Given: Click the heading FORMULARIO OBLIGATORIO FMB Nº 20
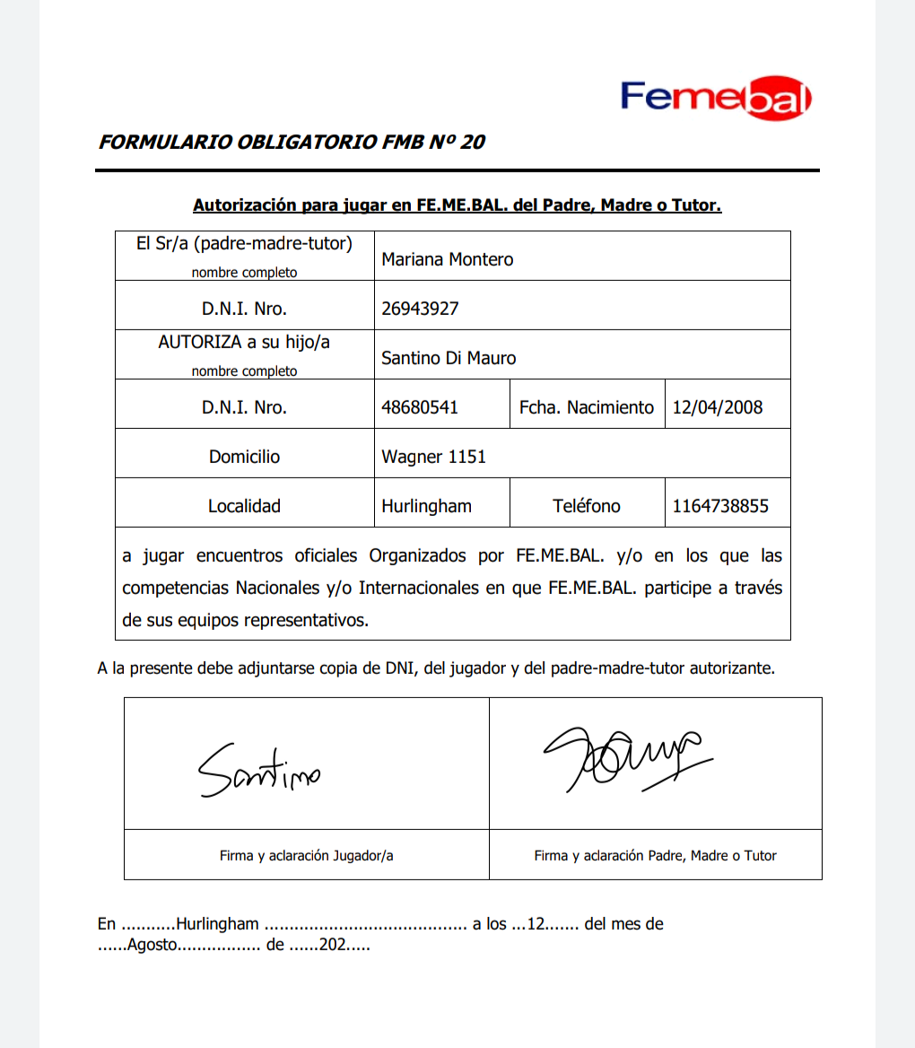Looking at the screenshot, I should coord(292,142).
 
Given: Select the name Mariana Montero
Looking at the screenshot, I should coord(448,259).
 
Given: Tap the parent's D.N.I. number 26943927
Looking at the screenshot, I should coord(420,309).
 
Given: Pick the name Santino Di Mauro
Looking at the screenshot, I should coord(449,358).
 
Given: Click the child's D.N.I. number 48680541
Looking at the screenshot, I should coord(420,407).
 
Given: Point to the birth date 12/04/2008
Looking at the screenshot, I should coord(718,407).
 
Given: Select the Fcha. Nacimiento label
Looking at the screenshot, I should coord(587,407).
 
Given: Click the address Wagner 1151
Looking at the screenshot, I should coord(433,457).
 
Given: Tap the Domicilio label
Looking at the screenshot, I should coord(244,457).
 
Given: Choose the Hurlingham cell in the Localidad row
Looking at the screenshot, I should coord(426,506).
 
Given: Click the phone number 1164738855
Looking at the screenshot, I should coord(720,506).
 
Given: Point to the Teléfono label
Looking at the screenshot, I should coord(587,506).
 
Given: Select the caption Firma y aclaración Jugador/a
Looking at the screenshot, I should coord(306,855).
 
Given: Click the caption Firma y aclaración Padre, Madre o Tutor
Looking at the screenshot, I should coord(655,855).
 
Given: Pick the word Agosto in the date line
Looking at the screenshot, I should coord(153,945).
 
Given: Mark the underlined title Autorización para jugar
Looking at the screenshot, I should coord(457,205).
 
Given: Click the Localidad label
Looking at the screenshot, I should coord(244,506).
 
